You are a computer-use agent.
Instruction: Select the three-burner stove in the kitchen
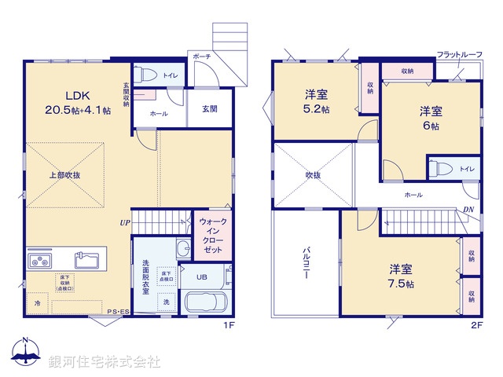[40, 260]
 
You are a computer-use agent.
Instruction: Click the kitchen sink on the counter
[87, 259]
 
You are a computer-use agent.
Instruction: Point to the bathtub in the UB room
[204, 302]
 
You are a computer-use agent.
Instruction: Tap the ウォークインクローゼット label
[213, 235]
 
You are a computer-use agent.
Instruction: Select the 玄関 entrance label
[209, 109]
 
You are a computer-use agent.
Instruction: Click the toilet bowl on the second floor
[441, 167]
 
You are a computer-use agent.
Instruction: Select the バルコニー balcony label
[306, 265]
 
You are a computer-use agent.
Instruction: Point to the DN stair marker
[469, 209]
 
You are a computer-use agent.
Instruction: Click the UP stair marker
[124, 223]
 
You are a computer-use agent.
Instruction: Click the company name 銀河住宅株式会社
[105, 361]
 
